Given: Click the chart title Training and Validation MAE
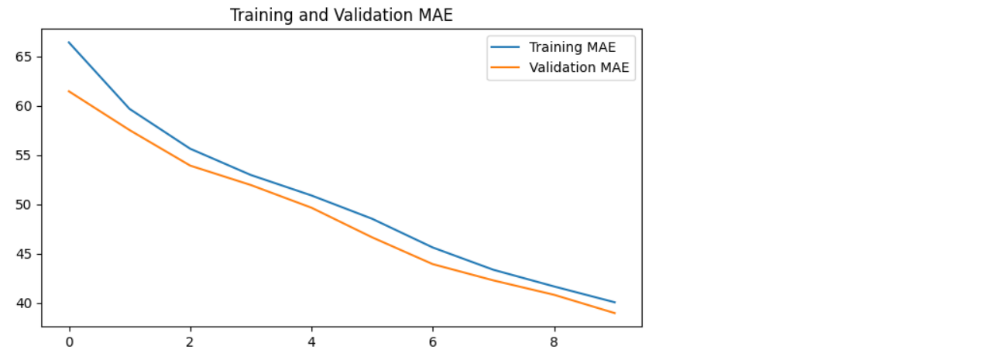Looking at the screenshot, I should [x=341, y=15].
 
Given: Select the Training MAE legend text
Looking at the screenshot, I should [x=572, y=48].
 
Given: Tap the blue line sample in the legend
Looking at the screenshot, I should [x=506, y=48].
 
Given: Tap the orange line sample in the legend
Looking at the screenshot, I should [x=506, y=67].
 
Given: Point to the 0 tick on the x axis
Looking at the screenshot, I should [x=69, y=341].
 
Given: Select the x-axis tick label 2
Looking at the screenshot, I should [x=191, y=341].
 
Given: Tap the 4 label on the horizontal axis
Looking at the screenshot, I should [x=311, y=341].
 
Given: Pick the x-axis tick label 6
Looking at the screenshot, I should [x=433, y=341].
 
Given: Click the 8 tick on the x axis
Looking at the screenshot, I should [x=554, y=341].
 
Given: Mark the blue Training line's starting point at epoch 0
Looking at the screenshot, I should [x=69, y=43].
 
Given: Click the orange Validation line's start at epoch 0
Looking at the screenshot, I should [x=69, y=91].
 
